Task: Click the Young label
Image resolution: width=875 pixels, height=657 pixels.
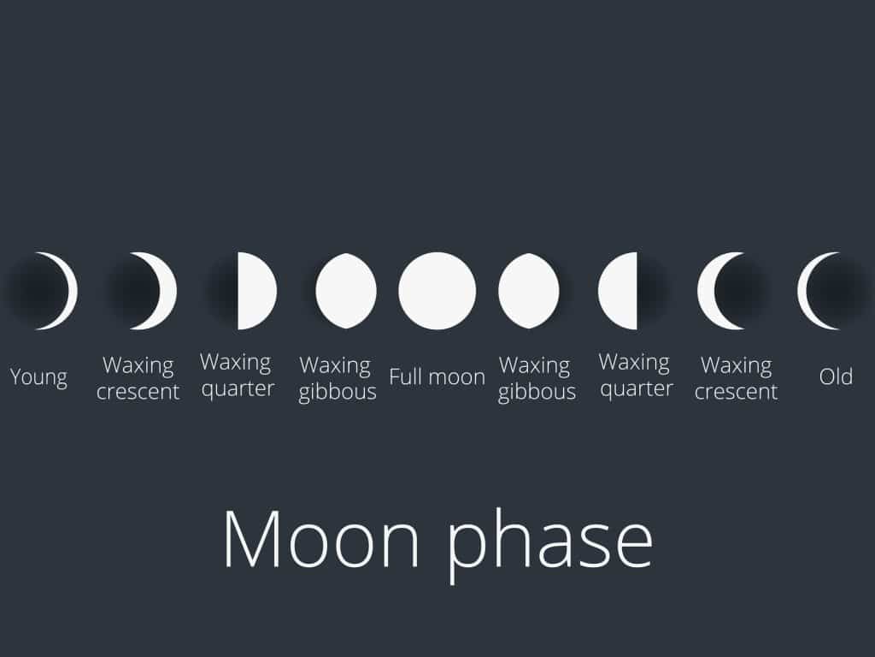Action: point(38,377)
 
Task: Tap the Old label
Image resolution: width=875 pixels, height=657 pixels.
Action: point(836,376)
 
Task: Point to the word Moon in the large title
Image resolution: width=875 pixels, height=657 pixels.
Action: point(321,539)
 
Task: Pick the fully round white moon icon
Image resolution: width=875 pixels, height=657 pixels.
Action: point(437,291)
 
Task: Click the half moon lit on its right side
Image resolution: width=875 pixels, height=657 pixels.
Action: point(256,291)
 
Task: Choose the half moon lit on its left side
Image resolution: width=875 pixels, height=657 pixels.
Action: point(618,291)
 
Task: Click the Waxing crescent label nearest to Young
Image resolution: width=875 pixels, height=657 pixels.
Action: point(138,378)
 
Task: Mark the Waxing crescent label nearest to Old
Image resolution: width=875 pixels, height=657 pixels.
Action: point(736,378)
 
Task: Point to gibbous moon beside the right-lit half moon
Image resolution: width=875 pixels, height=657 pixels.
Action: point(346,291)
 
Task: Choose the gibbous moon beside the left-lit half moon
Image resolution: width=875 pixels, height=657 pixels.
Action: point(528,291)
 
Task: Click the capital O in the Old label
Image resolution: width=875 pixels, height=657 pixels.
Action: point(827,377)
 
